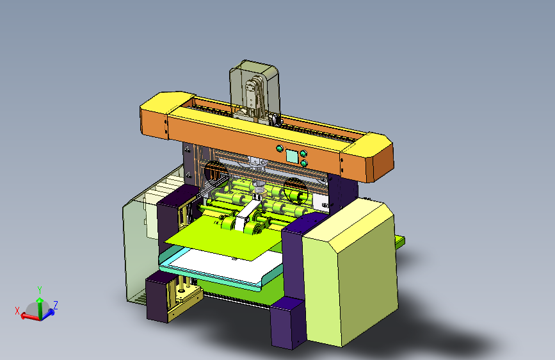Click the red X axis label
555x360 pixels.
click(x=17, y=311)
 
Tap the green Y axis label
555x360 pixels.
click(x=40, y=290)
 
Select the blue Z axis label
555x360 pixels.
click(x=56, y=305)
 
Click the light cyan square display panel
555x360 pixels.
click(x=292, y=156)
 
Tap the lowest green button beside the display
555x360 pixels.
click(x=303, y=163)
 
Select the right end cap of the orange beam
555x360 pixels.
click(x=368, y=158)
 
